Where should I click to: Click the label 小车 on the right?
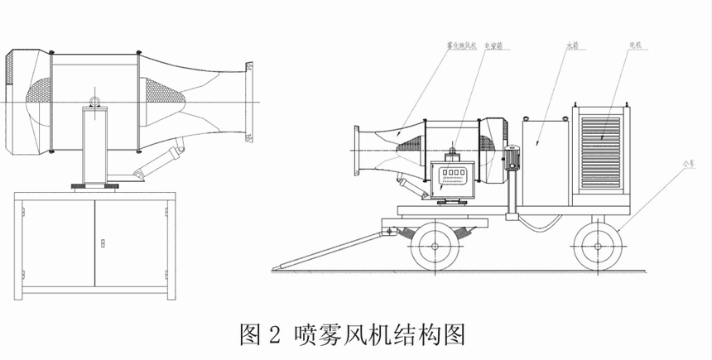pyautogui.click(x=686, y=165)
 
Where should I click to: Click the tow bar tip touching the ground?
pyautogui.click(x=283, y=266)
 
